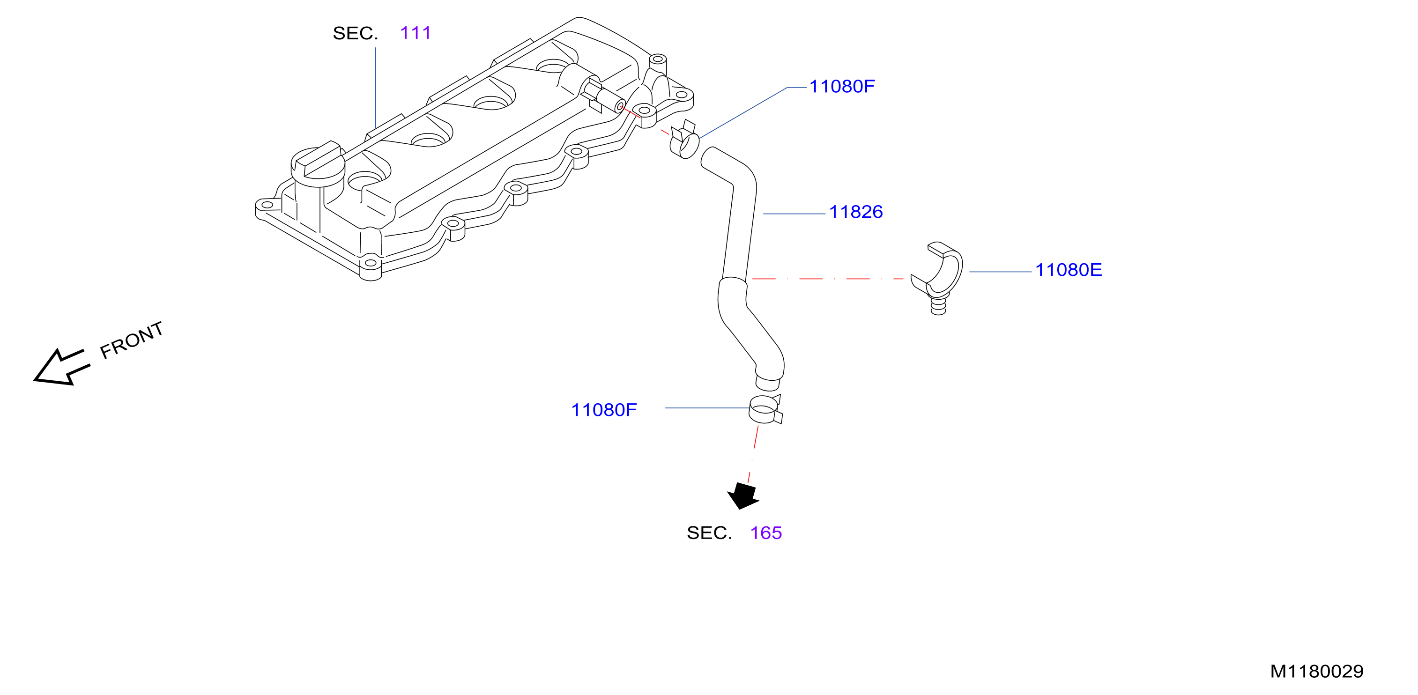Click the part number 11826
[x=855, y=212]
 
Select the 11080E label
[x=1069, y=270]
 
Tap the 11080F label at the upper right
[x=842, y=86]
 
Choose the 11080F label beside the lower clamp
[x=604, y=410]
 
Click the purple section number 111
[x=416, y=33]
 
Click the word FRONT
[x=132, y=340]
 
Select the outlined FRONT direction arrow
[x=62, y=367]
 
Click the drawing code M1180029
[x=1317, y=671]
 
